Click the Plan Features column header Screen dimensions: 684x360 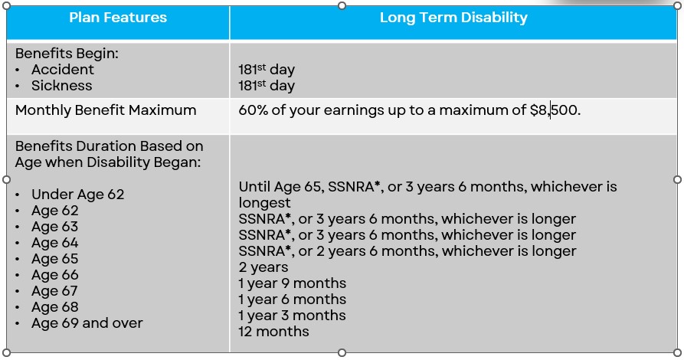[x=118, y=18]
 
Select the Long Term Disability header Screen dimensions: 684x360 [x=453, y=18]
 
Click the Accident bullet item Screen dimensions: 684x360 [x=62, y=70]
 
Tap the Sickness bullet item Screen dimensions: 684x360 [x=61, y=86]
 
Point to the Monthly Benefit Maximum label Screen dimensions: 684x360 [x=106, y=110]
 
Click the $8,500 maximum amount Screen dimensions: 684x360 [x=554, y=110]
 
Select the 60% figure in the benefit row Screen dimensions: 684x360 [x=253, y=110]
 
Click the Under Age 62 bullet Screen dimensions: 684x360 [x=77, y=195]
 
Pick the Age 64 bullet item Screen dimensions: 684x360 [x=54, y=243]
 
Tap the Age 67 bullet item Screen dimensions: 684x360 [x=54, y=291]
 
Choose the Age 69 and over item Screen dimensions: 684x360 [x=87, y=323]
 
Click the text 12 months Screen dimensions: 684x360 [x=273, y=331]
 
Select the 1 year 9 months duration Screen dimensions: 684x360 [x=293, y=283]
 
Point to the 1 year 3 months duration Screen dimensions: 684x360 [x=293, y=316]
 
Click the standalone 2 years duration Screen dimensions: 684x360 [x=263, y=267]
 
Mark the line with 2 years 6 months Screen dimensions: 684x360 [x=407, y=251]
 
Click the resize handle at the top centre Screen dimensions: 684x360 [x=342, y=5]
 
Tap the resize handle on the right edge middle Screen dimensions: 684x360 [x=677, y=179]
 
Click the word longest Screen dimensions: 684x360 [x=264, y=203]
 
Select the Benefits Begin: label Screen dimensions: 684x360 [x=67, y=54]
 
